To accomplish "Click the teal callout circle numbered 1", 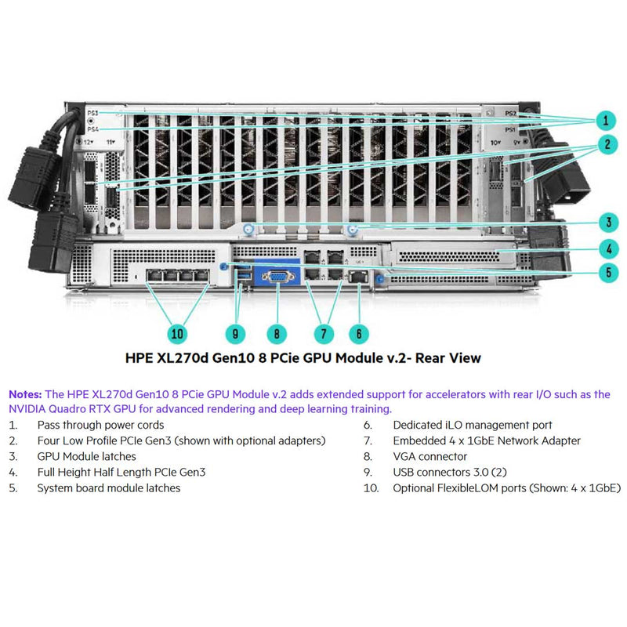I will [x=605, y=120].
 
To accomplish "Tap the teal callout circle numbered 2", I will [x=605, y=144].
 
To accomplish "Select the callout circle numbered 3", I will [x=605, y=221].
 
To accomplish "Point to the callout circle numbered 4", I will [x=605, y=250].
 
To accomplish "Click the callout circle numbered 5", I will [x=605, y=273].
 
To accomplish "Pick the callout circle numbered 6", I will [x=358, y=333].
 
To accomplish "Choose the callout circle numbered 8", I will [x=276, y=333].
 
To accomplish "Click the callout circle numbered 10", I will [x=178, y=333].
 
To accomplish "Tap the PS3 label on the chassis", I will [x=92, y=114].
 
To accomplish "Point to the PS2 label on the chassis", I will [x=510, y=114].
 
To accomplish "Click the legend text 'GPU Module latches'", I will [x=86, y=456].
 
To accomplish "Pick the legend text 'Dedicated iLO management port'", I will [x=472, y=425].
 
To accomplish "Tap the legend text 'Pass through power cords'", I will [x=102, y=425].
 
